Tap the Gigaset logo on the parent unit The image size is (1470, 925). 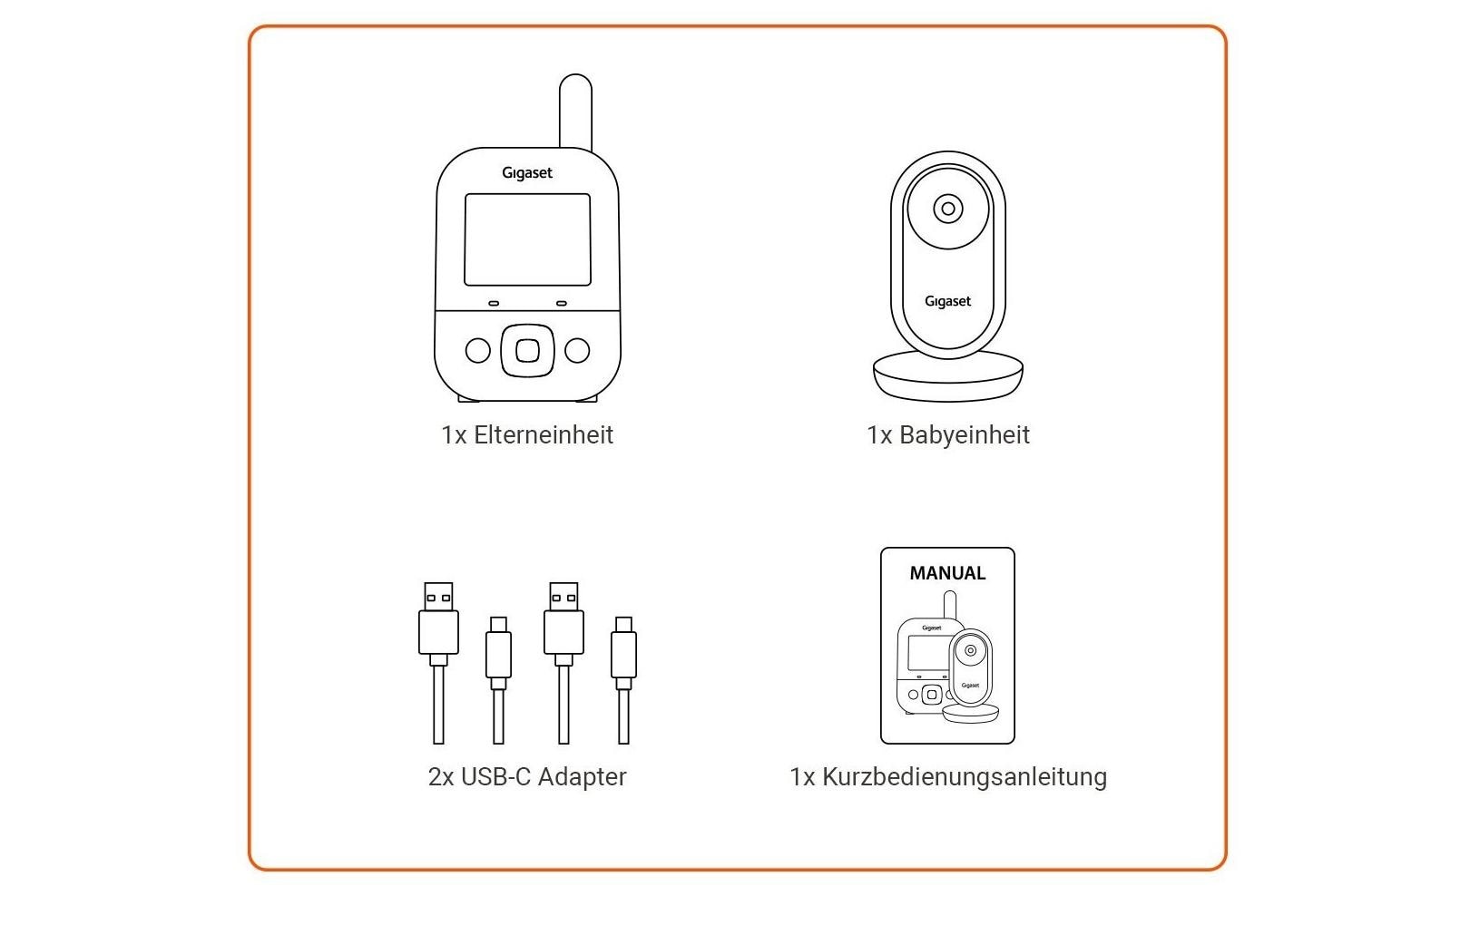[x=527, y=173]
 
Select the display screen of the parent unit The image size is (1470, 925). [x=527, y=239]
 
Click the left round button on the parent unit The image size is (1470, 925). [x=477, y=351]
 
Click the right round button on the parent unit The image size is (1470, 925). [x=577, y=351]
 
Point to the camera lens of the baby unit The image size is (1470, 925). [x=948, y=209]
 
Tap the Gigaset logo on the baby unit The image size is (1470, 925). [x=947, y=301]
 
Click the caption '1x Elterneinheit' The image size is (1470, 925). [x=527, y=435]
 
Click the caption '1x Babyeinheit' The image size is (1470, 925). [x=948, y=435]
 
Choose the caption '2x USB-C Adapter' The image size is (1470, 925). [x=527, y=777]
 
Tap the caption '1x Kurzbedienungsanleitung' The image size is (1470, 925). [x=948, y=777]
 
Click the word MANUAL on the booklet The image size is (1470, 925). [x=947, y=573]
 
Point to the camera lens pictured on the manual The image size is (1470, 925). [x=970, y=650]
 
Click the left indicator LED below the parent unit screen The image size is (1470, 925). [x=494, y=304]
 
